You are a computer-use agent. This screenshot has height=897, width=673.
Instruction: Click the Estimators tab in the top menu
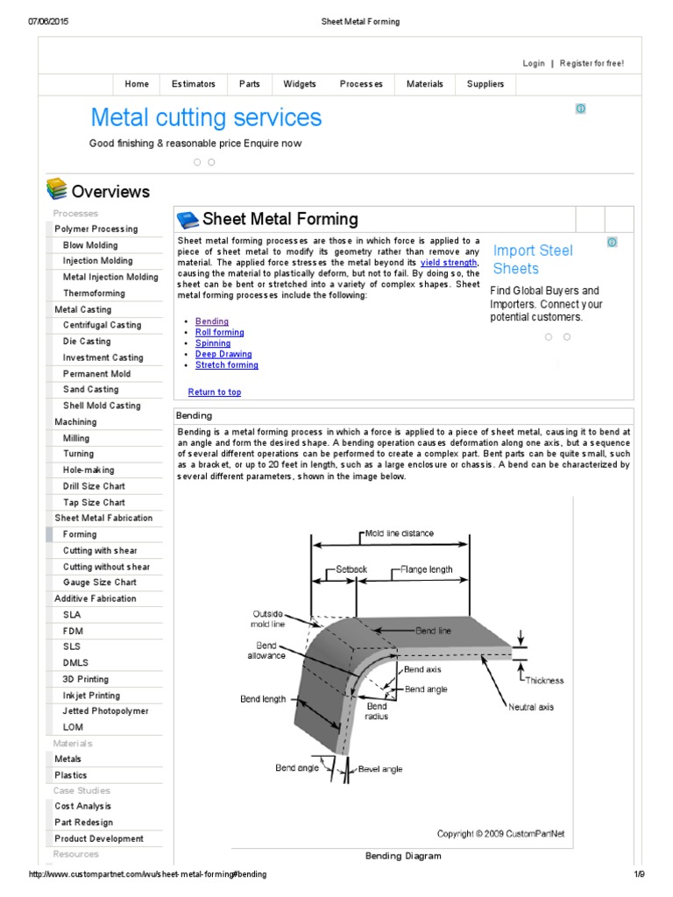193,84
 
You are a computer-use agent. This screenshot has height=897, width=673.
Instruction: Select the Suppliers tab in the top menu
485,84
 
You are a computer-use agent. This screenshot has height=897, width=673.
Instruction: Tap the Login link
534,63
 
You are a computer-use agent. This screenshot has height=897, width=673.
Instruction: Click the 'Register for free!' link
592,63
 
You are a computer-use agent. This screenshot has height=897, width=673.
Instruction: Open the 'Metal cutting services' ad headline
206,117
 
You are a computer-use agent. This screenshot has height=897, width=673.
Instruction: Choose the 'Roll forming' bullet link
219,333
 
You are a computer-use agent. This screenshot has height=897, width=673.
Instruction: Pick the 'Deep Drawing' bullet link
223,355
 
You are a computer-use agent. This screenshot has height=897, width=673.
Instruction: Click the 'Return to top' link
214,392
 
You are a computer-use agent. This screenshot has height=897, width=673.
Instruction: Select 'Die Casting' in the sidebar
87,342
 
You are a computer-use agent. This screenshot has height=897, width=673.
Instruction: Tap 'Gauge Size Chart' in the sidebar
99,583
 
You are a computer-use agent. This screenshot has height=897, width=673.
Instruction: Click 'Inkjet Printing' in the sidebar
91,696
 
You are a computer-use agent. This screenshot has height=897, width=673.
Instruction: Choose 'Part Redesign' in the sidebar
83,823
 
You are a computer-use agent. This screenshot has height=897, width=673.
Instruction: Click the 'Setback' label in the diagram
352,569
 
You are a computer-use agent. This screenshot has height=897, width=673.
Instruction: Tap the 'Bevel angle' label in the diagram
380,769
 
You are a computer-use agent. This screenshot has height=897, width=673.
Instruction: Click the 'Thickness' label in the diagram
544,680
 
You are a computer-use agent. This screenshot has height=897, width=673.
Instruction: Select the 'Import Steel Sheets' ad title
533,259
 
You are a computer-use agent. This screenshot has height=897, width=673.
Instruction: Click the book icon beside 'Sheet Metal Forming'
188,219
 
